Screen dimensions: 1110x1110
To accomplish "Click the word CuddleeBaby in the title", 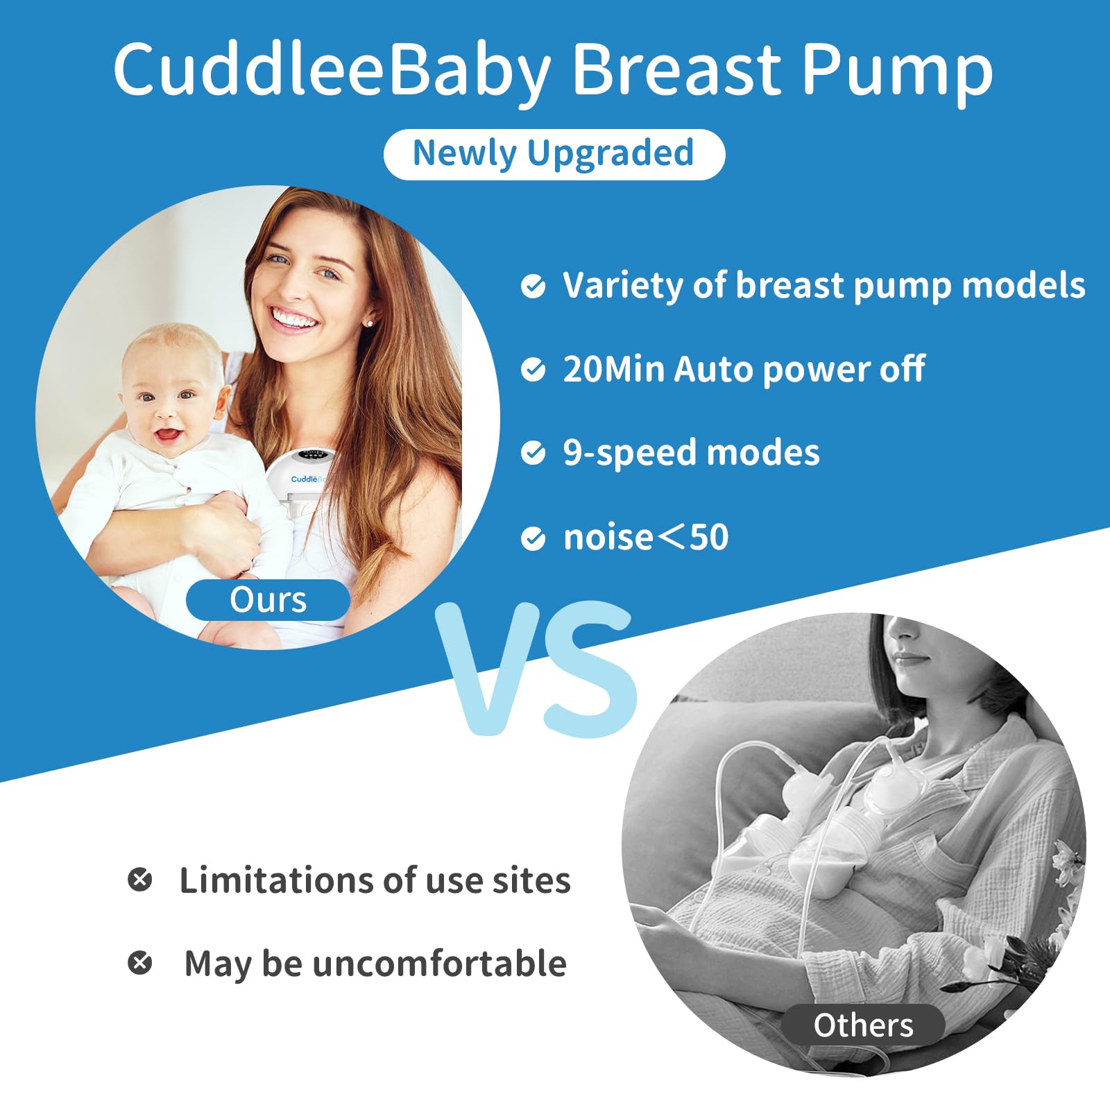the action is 332,69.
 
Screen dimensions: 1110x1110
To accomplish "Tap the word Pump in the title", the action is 897,69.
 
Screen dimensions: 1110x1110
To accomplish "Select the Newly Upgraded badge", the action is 554,154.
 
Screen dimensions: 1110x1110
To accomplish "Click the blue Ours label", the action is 268,600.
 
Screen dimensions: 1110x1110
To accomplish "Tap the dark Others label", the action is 863,1025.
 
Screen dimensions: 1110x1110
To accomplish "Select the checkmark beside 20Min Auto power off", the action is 533,370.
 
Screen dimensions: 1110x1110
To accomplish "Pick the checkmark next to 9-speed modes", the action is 533,453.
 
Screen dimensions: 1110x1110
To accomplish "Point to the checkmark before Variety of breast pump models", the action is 533,286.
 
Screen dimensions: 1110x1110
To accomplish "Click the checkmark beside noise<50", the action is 533,538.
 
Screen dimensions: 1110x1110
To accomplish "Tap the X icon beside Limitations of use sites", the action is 140,880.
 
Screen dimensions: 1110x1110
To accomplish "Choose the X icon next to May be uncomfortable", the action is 140,963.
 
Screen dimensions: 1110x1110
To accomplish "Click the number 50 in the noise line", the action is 709,538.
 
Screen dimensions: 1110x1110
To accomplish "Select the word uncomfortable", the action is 440,964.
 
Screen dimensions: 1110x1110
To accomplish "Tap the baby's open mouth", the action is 167,436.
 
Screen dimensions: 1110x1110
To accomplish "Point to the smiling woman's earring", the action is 369,323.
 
